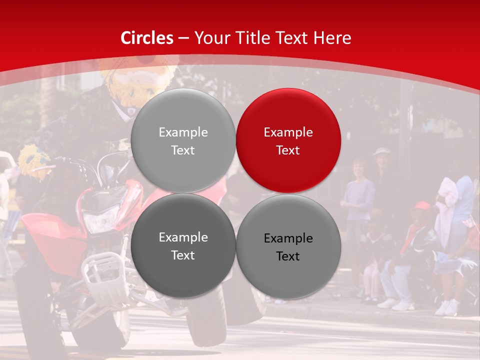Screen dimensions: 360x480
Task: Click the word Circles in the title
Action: (147, 38)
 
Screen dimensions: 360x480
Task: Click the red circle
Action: (288, 140)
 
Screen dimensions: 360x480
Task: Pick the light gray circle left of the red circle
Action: (183, 140)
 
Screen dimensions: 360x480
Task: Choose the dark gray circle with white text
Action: (183, 245)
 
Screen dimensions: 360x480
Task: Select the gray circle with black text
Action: (288, 245)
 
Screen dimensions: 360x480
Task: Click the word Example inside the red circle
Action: (288, 132)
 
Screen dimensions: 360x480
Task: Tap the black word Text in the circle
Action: (288, 256)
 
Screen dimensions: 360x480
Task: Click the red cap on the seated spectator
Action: (421, 206)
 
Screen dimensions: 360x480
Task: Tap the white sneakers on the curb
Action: (446, 307)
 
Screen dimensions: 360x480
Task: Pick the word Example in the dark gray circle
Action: (183, 237)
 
